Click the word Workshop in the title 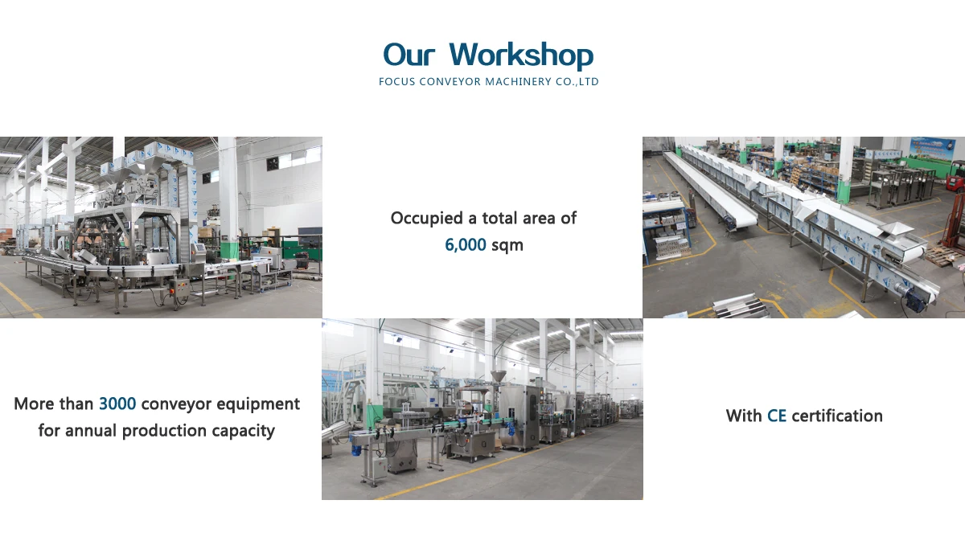[521, 55]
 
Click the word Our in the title [409, 55]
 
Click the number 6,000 [466, 245]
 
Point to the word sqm [507, 246]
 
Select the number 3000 [117, 404]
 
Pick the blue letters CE [777, 416]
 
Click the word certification [837, 416]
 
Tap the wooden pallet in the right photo [942, 256]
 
